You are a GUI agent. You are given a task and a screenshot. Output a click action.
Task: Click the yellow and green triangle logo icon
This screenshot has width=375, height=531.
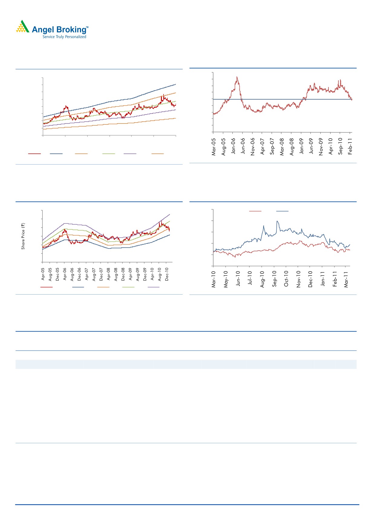pyautogui.click(x=22, y=27)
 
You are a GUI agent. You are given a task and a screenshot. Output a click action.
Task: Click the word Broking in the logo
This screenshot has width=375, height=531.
pyautogui.click(x=71, y=30)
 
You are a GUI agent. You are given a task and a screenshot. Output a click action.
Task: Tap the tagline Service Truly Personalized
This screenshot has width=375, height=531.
pyautogui.click(x=64, y=37)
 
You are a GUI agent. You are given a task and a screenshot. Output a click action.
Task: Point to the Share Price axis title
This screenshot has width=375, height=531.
pyautogui.click(x=23, y=236)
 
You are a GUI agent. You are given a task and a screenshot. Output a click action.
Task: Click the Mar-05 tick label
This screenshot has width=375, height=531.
pyautogui.click(x=214, y=147)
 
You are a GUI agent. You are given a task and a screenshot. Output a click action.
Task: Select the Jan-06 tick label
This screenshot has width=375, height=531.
pyautogui.click(x=233, y=146)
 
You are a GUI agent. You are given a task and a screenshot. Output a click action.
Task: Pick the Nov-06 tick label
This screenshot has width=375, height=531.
pyautogui.click(x=253, y=147)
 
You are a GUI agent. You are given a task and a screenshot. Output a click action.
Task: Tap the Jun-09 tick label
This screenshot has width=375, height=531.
pyautogui.click(x=311, y=146)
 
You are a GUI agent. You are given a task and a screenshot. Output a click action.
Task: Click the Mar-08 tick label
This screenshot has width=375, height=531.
pyautogui.click(x=282, y=147)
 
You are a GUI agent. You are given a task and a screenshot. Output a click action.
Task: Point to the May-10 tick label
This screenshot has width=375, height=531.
pyautogui.click(x=226, y=279)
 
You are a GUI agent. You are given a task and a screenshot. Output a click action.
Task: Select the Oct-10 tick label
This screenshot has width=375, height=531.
pyautogui.click(x=286, y=279)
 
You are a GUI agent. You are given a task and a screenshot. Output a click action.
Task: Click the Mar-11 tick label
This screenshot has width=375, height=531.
pyautogui.click(x=346, y=279)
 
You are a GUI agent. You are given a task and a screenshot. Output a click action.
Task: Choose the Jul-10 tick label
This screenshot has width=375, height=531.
pyautogui.click(x=250, y=278)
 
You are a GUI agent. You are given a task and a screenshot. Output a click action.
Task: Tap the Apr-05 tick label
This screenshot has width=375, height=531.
pyautogui.click(x=43, y=274)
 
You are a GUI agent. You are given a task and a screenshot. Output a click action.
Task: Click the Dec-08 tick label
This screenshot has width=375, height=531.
pyautogui.click(x=123, y=274)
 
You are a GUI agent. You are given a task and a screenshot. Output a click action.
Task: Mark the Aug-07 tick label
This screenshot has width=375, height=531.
pyautogui.click(x=94, y=274)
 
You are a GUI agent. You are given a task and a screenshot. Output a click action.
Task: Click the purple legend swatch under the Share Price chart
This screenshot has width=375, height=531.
pyautogui.click(x=153, y=287)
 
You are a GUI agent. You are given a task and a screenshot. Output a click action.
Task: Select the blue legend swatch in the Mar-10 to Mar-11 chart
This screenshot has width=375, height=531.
pyautogui.click(x=282, y=211)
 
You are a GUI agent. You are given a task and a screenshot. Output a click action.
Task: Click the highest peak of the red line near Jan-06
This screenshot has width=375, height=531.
pyautogui.click(x=237, y=77)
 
